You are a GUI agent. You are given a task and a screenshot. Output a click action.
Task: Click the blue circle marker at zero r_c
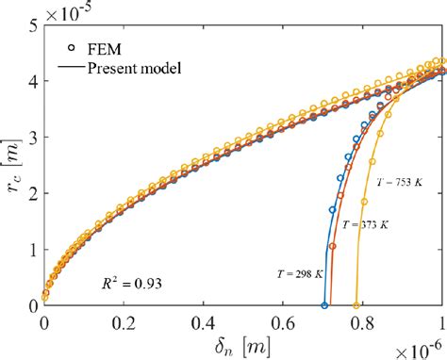click(324, 305)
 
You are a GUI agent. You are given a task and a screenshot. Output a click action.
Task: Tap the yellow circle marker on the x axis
click(356, 305)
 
